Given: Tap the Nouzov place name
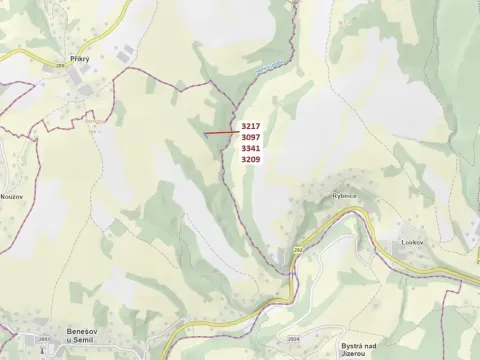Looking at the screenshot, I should (x=12, y=198).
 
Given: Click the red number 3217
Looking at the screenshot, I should (x=250, y=126).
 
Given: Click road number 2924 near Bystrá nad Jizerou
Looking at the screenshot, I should (x=293, y=339).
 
